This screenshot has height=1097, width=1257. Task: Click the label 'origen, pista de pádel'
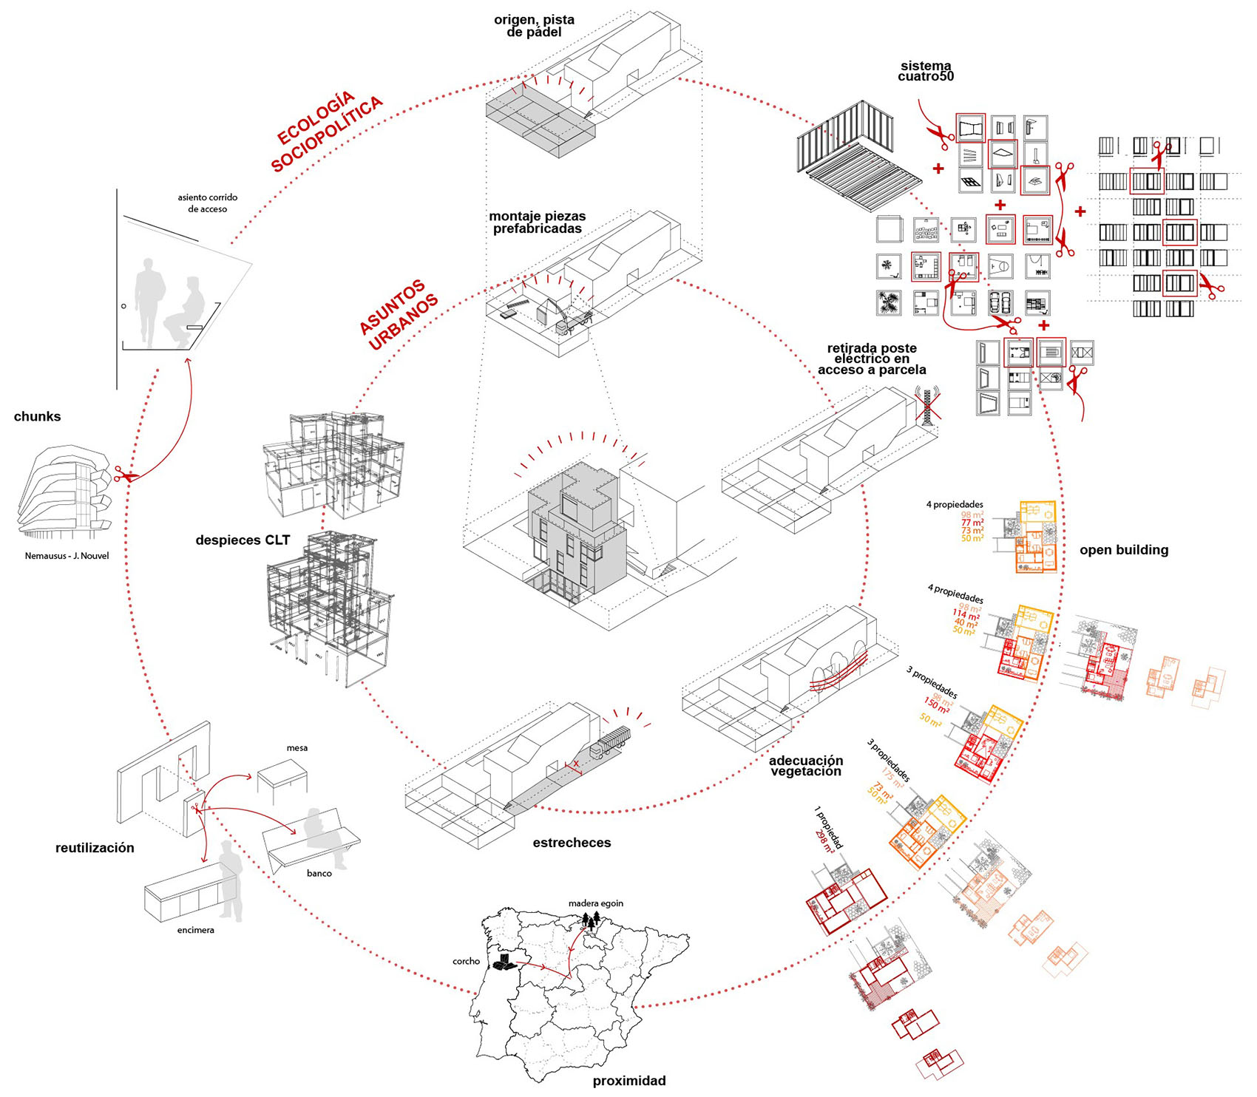pos(534,26)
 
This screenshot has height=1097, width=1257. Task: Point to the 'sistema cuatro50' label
pos(926,71)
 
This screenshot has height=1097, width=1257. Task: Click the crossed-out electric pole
pos(926,406)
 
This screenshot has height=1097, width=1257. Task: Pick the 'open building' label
pos(1123,550)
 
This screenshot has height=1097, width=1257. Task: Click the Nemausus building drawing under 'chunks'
pos(63,491)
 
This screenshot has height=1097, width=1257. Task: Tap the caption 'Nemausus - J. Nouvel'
pos(67,556)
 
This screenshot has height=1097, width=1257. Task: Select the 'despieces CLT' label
pos(243,540)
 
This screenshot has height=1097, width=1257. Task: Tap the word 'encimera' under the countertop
pos(195,930)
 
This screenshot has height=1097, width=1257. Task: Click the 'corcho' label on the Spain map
pos(466,962)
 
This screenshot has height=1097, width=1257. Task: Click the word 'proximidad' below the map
pos(628,1081)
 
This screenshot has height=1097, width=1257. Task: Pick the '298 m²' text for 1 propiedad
pos(824,841)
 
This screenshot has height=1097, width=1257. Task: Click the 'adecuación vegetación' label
pos(805,766)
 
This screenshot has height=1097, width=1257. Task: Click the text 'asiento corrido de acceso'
pos(207,203)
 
